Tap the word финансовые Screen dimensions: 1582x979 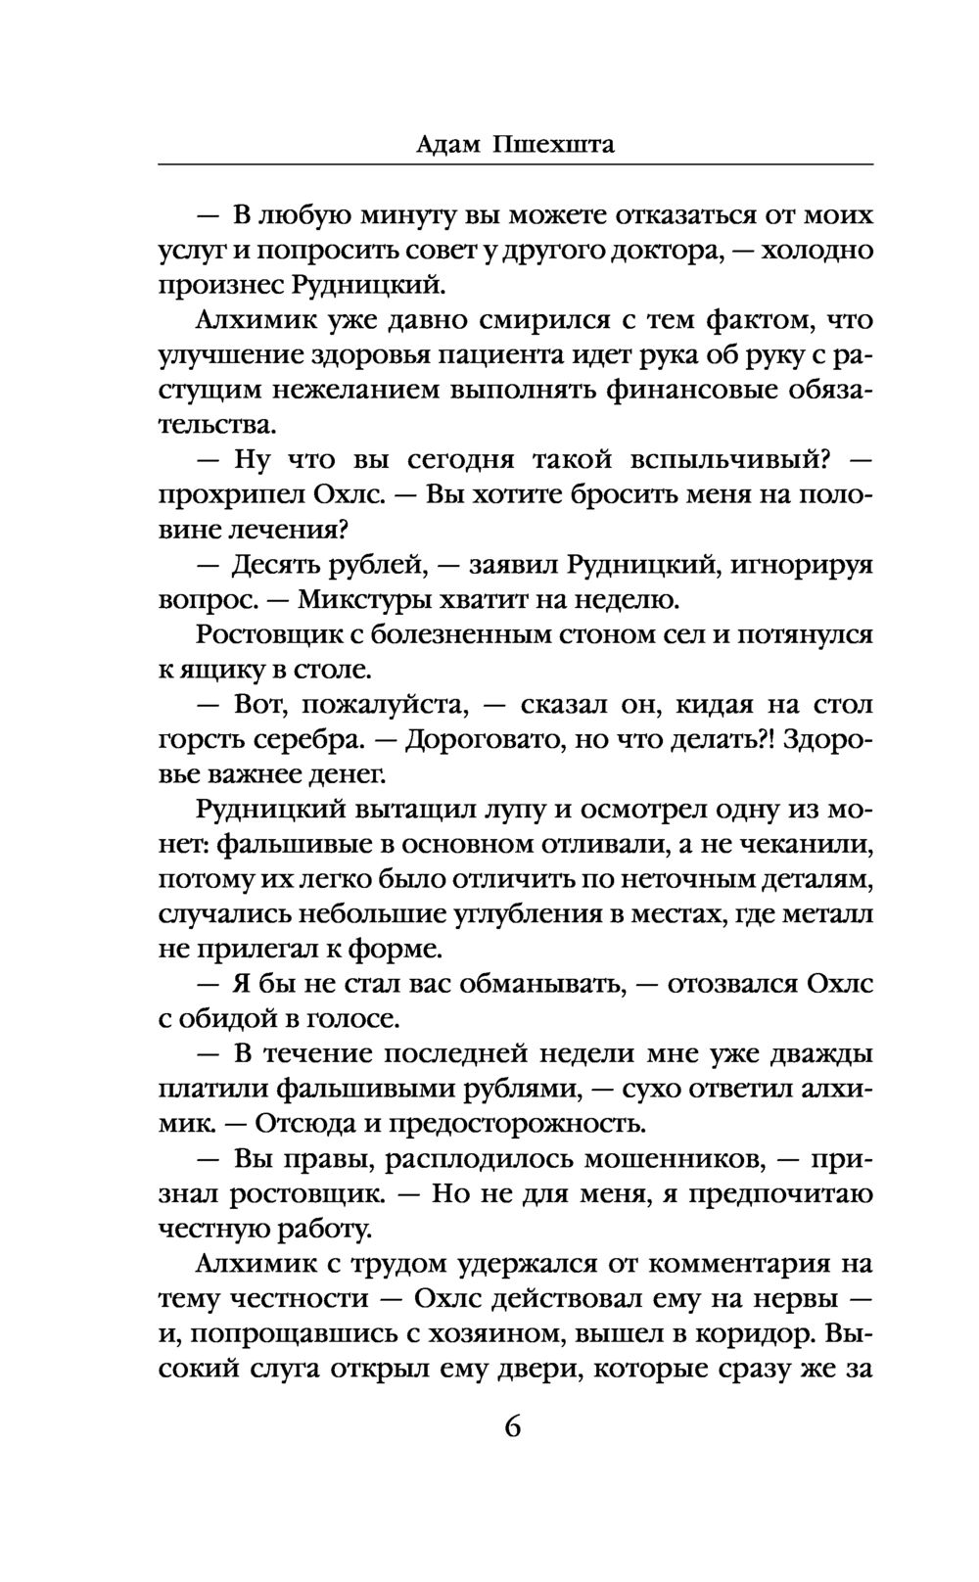(x=701, y=391)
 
